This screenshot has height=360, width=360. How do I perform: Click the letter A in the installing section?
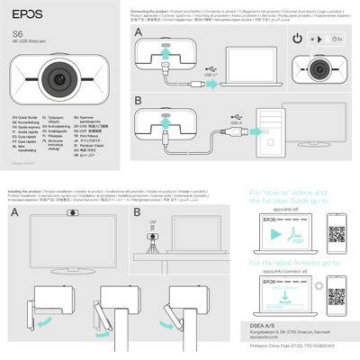pos(15,212)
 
